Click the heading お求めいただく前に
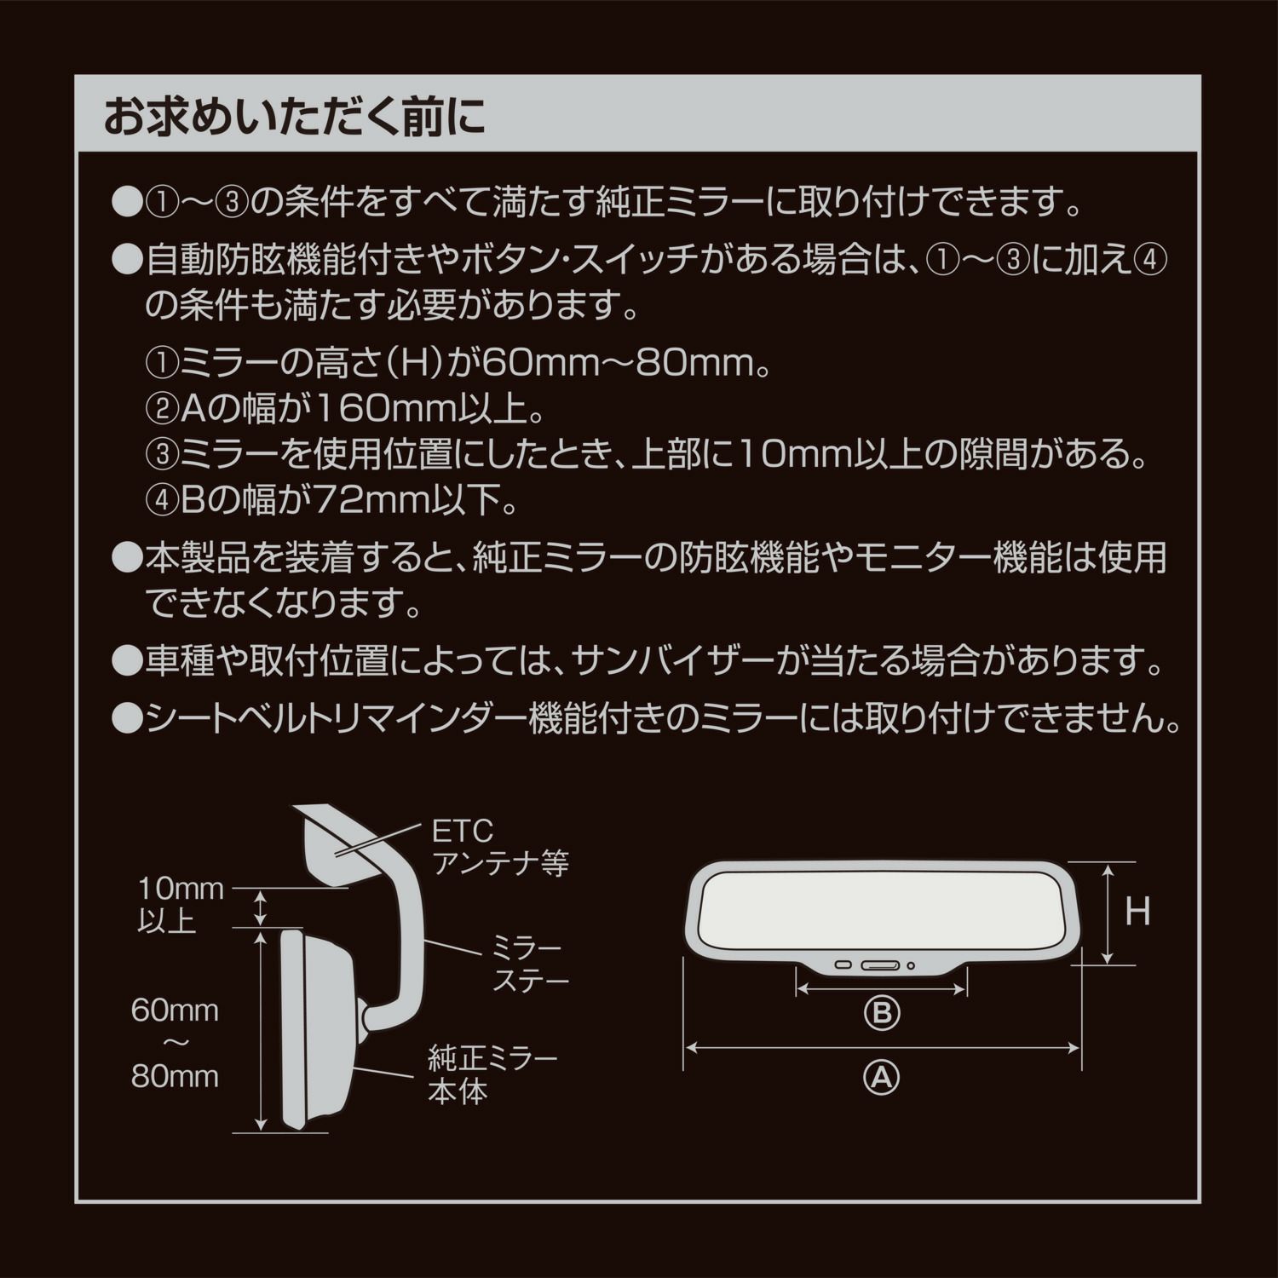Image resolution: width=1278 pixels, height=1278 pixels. pos(294,118)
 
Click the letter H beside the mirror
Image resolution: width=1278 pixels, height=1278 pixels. pos(1137,912)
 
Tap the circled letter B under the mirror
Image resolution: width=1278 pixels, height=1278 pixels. pos(882,1013)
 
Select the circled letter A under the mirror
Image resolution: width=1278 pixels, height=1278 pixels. pos(882,1078)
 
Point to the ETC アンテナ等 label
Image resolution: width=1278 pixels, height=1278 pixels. pos(500,848)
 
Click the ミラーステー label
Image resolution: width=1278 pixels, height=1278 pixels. pos(530,964)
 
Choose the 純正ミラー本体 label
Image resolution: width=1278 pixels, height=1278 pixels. pos(492,1075)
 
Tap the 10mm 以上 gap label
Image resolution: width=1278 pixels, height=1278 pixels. pos(181,905)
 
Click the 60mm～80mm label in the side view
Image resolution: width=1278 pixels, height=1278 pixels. pos(175,1043)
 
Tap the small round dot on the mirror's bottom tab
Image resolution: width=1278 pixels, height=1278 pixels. pos(911,966)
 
